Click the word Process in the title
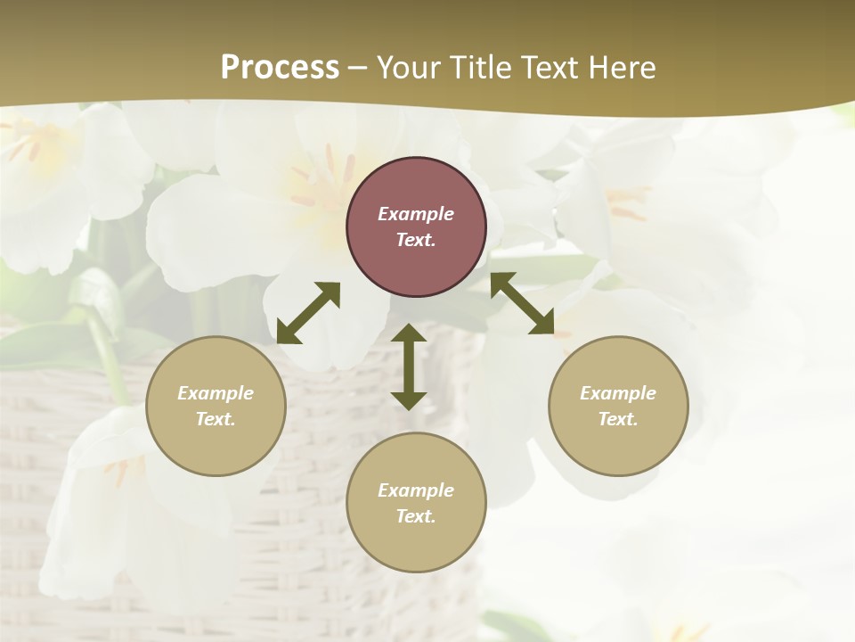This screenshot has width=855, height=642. [x=280, y=68]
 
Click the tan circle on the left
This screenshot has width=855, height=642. [x=216, y=406]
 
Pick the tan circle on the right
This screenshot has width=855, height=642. [x=618, y=406]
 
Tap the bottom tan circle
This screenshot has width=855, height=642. [x=416, y=503]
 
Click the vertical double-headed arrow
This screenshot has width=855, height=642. [x=409, y=366]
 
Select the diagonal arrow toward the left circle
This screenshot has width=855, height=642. [x=308, y=312]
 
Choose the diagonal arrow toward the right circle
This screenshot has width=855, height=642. [x=523, y=304]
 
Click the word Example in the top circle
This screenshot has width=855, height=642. [x=416, y=214]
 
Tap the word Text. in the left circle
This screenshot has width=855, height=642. [x=216, y=419]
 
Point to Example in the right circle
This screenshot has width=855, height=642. [x=618, y=393]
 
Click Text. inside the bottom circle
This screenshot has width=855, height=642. [x=416, y=516]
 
